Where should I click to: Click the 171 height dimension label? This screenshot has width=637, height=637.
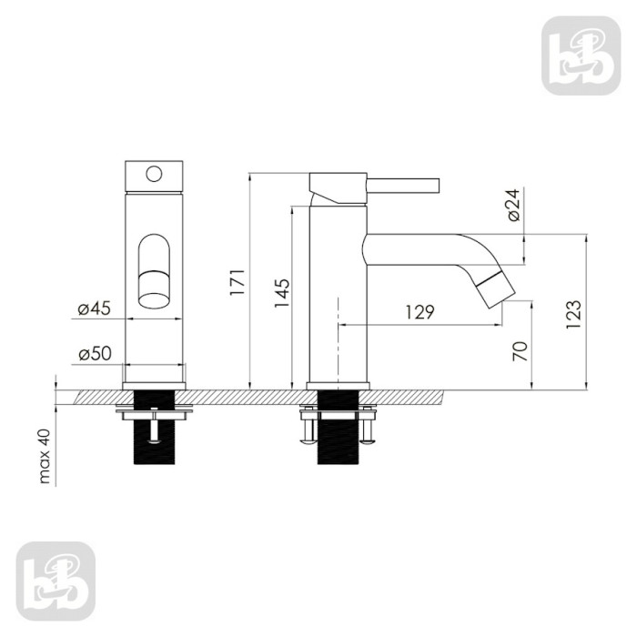(238, 282)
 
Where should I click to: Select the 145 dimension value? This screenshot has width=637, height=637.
(282, 293)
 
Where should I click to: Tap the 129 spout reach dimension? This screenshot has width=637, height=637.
(420, 312)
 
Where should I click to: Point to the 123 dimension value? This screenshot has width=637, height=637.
(573, 315)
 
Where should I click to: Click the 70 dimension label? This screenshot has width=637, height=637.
(520, 351)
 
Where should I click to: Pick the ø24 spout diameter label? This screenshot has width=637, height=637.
(513, 205)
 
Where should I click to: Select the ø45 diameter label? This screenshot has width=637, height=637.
(95, 308)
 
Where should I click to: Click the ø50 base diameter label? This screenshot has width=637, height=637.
(95, 353)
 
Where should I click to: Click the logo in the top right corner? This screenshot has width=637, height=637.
(581, 56)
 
